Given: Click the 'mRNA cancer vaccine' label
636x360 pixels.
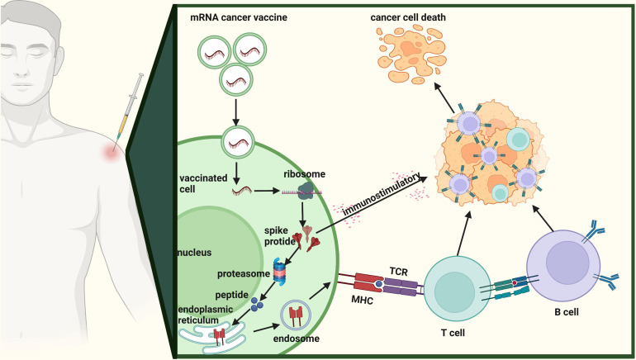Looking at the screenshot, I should coord(239,17).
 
